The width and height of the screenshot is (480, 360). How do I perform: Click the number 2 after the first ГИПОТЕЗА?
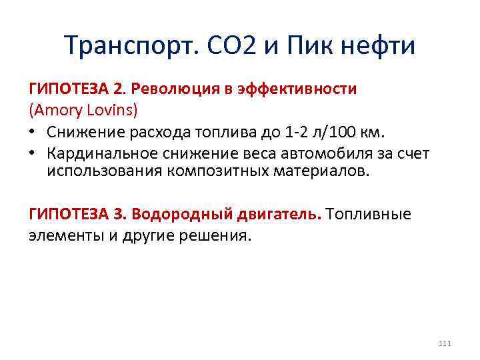[118, 89]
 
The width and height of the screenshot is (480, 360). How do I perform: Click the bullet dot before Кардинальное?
[33, 154]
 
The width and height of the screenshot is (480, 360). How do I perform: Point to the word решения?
[216, 235]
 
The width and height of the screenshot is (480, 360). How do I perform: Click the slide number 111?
[445, 343]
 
